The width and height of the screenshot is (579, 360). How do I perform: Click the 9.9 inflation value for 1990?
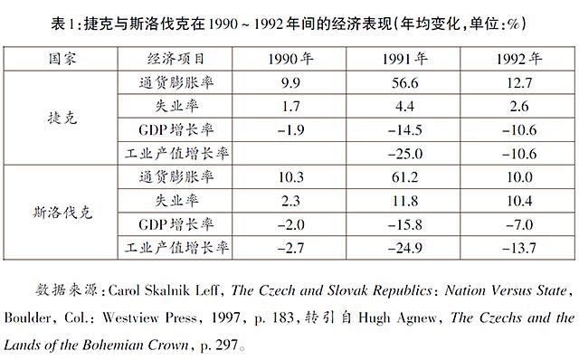(290, 83)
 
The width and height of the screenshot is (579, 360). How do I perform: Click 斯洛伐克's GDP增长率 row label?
(175, 223)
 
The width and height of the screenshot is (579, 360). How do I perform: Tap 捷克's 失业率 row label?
(175, 106)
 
